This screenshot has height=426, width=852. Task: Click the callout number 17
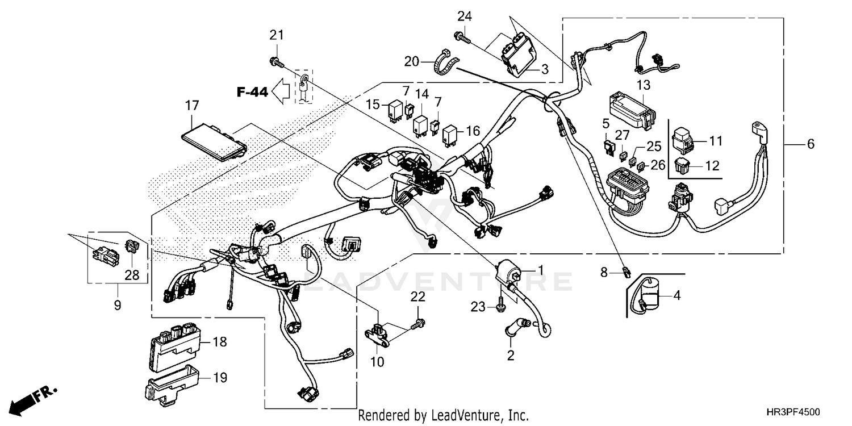pyautogui.click(x=191, y=105)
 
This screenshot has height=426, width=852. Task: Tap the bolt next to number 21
pyautogui.click(x=276, y=60)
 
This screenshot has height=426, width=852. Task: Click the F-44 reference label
pyautogui.click(x=252, y=92)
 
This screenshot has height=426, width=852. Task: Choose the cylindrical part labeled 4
pyautogui.click(x=648, y=296)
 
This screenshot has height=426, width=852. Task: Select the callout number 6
pyautogui.click(x=810, y=144)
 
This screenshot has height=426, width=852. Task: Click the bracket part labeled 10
pyautogui.click(x=378, y=335)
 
